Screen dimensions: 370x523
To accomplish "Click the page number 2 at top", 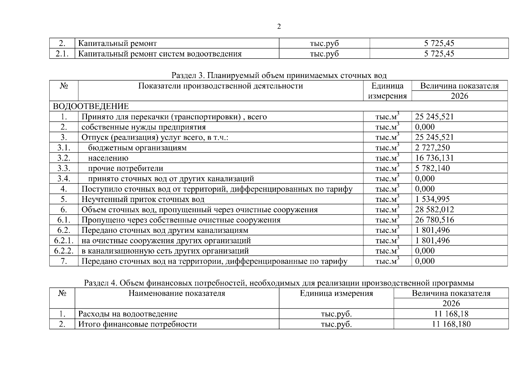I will [279, 27].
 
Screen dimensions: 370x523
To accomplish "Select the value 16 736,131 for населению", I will [434, 158].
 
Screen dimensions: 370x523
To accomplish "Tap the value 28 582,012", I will [434, 210].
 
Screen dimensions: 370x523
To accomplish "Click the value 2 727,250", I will [432, 148].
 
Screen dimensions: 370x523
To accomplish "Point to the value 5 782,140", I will [432, 168].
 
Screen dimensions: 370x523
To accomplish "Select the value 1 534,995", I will [432, 199].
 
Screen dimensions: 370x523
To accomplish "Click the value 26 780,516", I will [434, 220].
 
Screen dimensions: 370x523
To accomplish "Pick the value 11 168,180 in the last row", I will [451, 324].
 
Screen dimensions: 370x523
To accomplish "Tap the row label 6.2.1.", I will [64, 240].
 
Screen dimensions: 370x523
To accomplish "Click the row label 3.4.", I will [64, 179].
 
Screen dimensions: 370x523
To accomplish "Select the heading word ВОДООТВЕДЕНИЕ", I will [91, 106].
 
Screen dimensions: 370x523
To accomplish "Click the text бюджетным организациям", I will [137, 148].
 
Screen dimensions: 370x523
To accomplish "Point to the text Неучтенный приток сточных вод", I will [143, 199].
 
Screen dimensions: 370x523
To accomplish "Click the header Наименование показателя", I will [177, 293].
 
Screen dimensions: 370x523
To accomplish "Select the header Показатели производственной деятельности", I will [220, 86].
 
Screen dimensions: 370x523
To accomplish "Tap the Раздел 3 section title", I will [279, 76].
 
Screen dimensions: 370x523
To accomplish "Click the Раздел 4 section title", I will [279, 283].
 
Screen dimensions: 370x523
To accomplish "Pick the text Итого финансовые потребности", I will [137, 324].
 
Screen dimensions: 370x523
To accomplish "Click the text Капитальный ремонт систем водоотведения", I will [160, 54].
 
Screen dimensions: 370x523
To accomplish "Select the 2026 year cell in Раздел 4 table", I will [451, 303].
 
